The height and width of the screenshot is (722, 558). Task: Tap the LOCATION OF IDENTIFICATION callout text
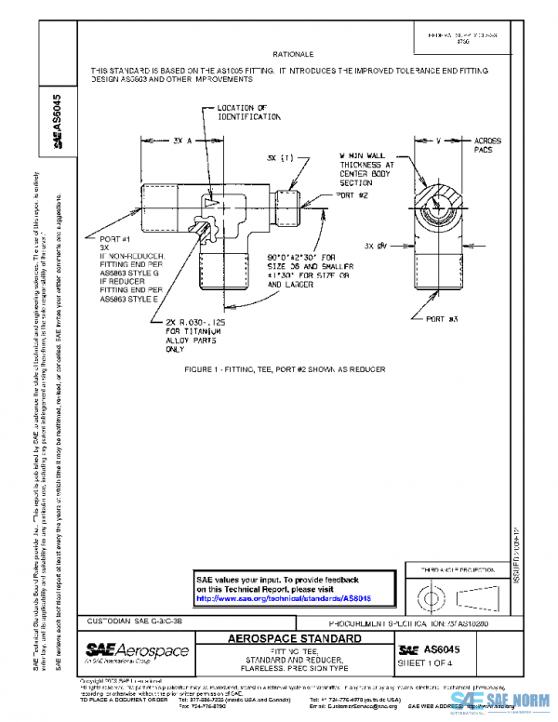(248, 113)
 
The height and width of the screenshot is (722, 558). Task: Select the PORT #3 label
(443, 318)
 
